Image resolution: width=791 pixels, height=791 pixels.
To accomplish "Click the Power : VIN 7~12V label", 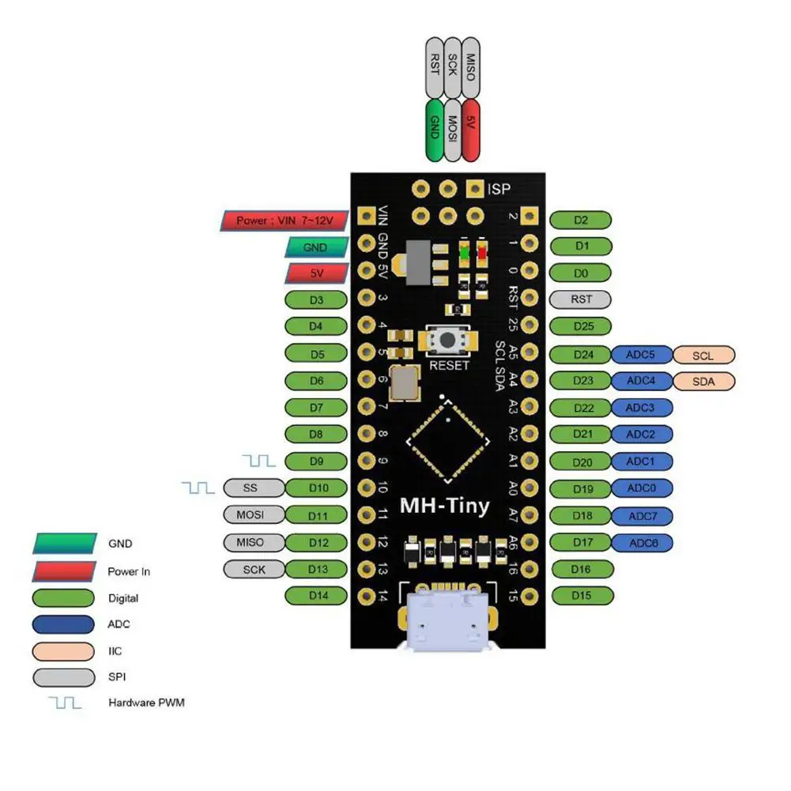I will [283, 220].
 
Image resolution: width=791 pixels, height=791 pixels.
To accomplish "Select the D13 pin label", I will [317, 569].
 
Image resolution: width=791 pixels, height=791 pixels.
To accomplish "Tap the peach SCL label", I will [702, 356].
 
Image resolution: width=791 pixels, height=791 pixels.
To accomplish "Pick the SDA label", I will [702, 382].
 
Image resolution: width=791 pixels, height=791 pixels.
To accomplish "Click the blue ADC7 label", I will [641, 516].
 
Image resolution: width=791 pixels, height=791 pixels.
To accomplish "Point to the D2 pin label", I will [581, 220].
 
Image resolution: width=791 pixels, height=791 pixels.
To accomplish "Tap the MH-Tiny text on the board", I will [444, 506].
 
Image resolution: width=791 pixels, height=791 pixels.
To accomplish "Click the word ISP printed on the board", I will [499, 189].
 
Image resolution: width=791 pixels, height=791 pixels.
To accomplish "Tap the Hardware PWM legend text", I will [145, 702].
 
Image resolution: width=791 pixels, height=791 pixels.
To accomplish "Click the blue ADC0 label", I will [641, 488].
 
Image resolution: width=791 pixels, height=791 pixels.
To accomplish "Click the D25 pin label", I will [581, 326].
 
